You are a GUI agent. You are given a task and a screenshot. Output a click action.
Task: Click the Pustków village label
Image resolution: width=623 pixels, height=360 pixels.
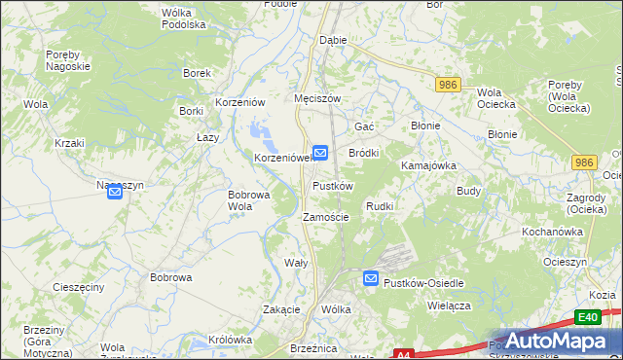click(332, 185)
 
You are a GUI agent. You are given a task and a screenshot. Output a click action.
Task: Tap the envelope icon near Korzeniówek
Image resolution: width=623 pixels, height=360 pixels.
click(319, 153)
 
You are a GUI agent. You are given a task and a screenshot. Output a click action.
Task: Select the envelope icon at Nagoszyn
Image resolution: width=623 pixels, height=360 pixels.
click(115, 194)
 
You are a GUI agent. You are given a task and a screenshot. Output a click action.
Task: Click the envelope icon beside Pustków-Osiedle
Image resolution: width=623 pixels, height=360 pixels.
click(371, 279)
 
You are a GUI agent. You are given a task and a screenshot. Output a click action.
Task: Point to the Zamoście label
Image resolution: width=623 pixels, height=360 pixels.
click(326, 217)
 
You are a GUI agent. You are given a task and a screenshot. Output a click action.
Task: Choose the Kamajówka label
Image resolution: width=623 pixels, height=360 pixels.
click(428, 165)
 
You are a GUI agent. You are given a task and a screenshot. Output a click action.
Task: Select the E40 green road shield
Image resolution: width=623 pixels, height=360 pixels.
click(586, 317)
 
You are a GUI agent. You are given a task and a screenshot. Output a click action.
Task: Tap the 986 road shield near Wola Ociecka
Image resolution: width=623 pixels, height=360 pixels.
click(448, 85)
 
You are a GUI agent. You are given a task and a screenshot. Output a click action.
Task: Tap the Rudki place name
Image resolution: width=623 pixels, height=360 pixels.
click(379, 206)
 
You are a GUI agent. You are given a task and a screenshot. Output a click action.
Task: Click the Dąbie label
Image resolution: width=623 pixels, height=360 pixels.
click(333, 41)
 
